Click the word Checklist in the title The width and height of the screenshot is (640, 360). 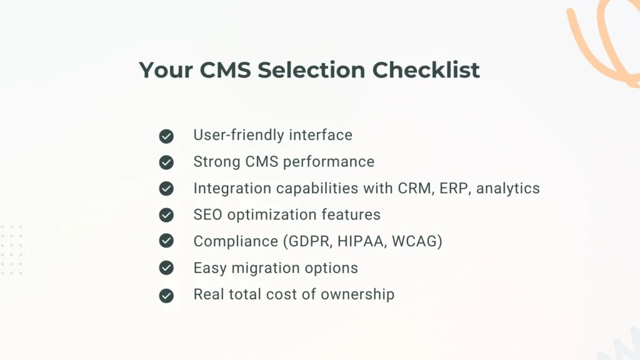[x=426, y=70]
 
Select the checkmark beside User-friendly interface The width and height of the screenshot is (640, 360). [x=166, y=136]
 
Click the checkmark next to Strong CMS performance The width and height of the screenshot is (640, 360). [x=166, y=162]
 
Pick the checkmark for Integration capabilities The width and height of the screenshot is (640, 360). [x=166, y=189]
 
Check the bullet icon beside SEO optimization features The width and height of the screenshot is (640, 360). [x=166, y=215]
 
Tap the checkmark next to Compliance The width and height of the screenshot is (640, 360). [x=166, y=241]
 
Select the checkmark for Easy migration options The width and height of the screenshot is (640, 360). [x=166, y=268]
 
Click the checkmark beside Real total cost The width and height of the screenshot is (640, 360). [x=166, y=295]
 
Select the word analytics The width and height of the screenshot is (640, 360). [x=508, y=188]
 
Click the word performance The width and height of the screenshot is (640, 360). [x=329, y=162]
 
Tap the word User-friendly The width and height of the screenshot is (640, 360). [x=231, y=135]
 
